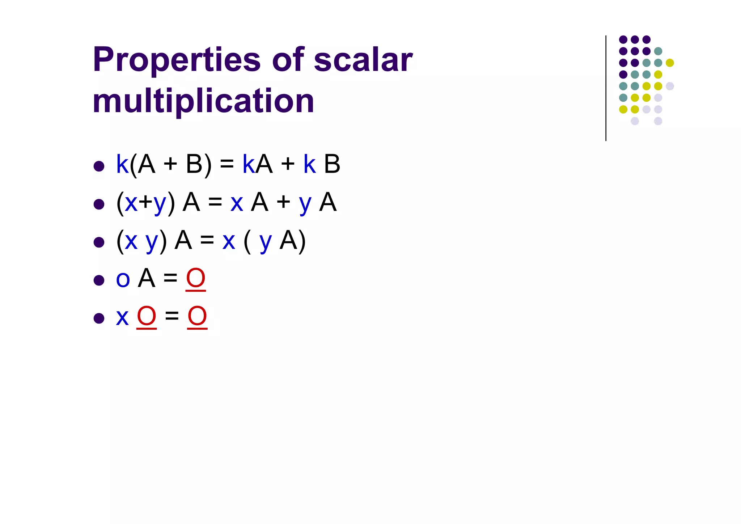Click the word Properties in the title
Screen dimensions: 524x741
(x=177, y=60)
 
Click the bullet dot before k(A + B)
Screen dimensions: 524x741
(x=99, y=166)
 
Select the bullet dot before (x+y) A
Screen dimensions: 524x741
(x=99, y=204)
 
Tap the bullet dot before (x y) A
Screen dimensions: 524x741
(x=99, y=242)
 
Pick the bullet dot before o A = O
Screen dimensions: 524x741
(x=99, y=280)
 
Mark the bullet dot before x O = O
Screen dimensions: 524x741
(x=99, y=318)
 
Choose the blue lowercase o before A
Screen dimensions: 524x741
(x=123, y=280)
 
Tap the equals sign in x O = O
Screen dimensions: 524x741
(x=172, y=316)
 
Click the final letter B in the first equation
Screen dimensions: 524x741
(x=332, y=164)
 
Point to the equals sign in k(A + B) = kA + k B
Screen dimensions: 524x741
(x=227, y=165)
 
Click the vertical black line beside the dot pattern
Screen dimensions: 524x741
(x=606, y=88)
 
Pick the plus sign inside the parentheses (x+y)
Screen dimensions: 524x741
(x=145, y=202)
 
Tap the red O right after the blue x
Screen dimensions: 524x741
(x=147, y=316)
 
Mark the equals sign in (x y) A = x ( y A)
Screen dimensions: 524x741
(x=207, y=240)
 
